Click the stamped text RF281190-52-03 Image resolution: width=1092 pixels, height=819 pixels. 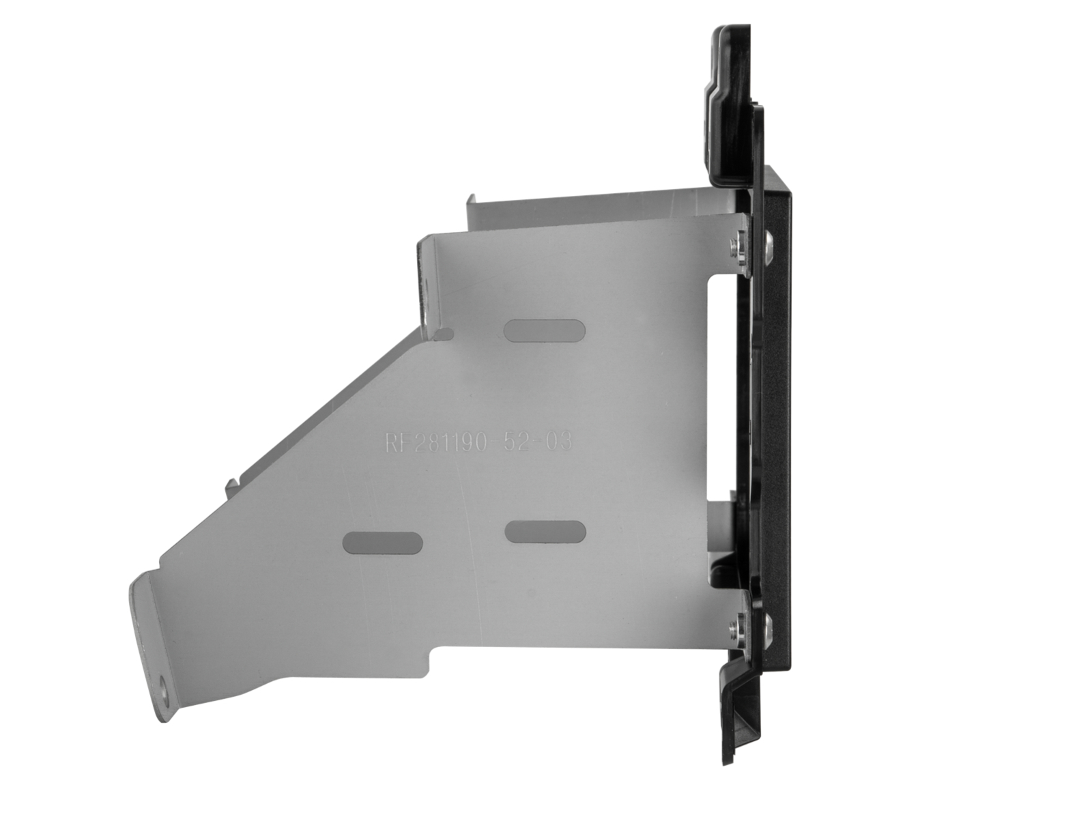pos(477,442)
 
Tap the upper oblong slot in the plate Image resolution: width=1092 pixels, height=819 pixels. pos(544,330)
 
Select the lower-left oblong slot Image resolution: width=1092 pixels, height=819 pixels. pos(382,542)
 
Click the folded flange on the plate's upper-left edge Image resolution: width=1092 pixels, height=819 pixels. pos(424,280)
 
